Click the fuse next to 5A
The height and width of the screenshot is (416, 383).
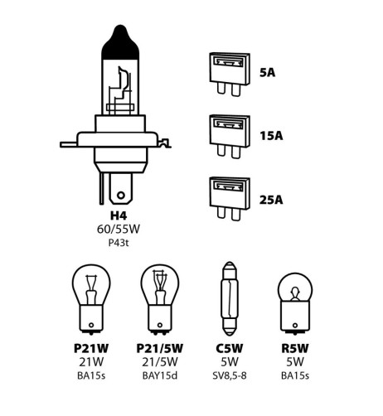click(227, 73)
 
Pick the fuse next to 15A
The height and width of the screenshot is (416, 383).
click(227, 135)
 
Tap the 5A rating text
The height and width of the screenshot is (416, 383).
click(268, 72)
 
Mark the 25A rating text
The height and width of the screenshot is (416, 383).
click(271, 199)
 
